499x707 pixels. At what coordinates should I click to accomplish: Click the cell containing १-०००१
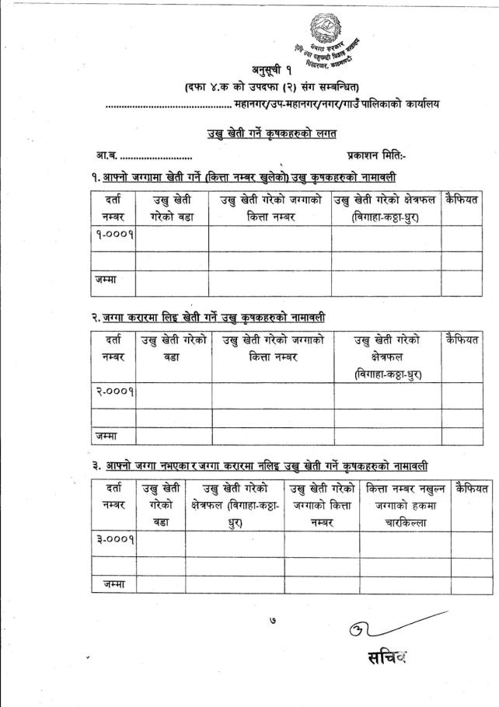(112, 239)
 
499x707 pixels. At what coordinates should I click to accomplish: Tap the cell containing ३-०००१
(113, 539)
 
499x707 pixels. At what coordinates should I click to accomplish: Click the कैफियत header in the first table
(462, 201)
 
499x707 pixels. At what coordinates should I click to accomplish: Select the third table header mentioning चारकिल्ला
(403, 506)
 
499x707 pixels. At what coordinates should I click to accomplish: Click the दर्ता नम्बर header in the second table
(113, 348)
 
